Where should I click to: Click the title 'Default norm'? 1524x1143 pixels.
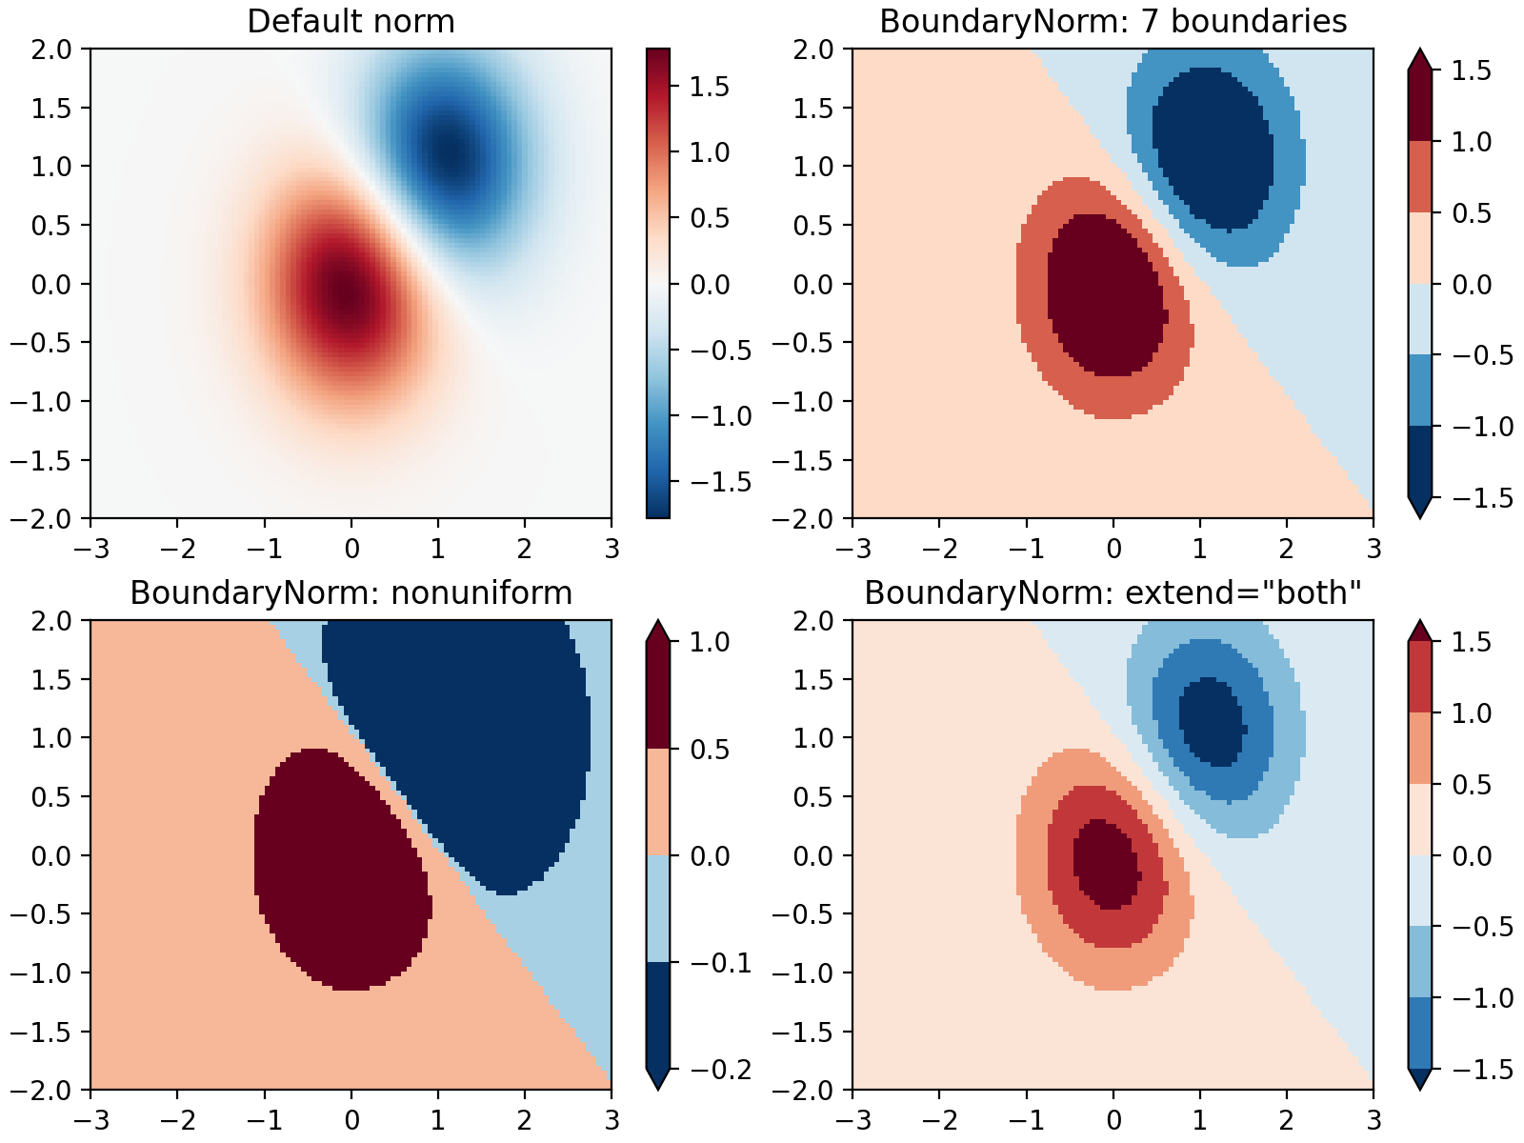tap(351, 21)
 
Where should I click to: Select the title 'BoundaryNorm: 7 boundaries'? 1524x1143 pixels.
tap(1113, 21)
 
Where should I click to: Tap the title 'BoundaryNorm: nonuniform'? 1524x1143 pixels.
tap(351, 592)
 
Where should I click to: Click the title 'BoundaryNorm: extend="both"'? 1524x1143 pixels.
tap(1113, 592)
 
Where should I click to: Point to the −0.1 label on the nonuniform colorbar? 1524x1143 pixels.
tap(719, 962)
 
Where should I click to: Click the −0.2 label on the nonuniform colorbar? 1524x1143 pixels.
tap(719, 1070)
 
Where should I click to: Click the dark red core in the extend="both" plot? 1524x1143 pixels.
tap(1105, 862)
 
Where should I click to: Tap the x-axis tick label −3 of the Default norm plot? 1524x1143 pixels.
tap(90, 549)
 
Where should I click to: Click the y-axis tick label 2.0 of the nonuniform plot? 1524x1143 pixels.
tap(51, 620)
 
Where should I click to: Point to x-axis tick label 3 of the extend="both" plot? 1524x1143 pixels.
tap(1373, 1120)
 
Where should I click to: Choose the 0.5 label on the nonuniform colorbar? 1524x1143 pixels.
tap(710, 749)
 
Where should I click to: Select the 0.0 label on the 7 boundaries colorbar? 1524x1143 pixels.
tap(1472, 284)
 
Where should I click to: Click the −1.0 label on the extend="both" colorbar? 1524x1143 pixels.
tap(1482, 998)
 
